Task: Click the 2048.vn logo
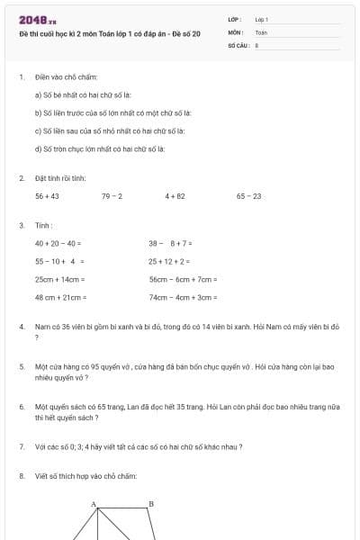click(x=37, y=19)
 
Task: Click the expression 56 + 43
click(x=47, y=195)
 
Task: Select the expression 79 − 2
click(x=112, y=195)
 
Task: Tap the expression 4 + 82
click(x=175, y=195)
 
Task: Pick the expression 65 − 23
click(x=249, y=195)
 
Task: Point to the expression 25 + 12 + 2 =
click(x=169, y=261)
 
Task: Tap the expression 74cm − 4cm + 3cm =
click(x=183, y=297)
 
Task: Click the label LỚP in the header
click(x=235, y=19)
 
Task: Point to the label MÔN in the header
click(x=235, y=31)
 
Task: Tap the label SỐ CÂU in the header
click(x=238, y=43)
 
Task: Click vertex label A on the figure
click(x=93, y=505)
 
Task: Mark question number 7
click(x=22, y=446)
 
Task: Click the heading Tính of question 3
click(x=43, y=225)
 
